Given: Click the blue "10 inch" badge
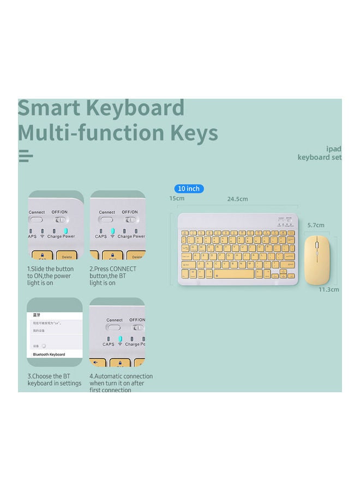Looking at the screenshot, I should coord(189,189).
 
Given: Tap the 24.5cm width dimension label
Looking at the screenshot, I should coord(237,199).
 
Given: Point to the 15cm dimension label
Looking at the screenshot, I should coord(176,198).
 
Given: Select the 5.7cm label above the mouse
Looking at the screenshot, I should coord(315,225).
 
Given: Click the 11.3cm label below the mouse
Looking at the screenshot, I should coord(329,290).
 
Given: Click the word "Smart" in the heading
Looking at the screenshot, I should coord(50,108).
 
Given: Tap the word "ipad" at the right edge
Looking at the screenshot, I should coord(333,149).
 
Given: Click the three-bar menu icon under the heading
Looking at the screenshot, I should coord(26,156).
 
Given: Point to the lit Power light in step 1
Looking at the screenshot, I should coord(67,231).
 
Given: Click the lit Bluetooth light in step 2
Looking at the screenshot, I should coord(112,231).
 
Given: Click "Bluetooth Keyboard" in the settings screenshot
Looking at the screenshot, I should coord(49,355).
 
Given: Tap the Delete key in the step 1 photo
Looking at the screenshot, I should coord(67,256).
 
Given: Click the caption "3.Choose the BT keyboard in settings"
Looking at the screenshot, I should coord(54,380).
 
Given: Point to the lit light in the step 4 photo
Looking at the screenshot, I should coord(120,338).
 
